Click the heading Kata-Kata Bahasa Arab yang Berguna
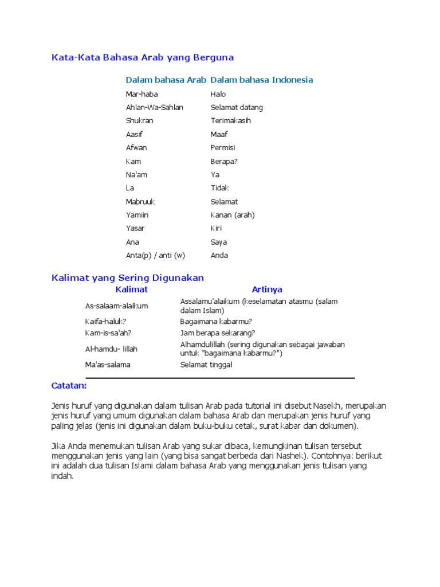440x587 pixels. [143, 58]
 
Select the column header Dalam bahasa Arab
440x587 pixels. [166, 80]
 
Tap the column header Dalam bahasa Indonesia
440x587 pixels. [262, 80]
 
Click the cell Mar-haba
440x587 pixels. [142, 94]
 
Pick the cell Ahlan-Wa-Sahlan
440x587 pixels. [154, 107]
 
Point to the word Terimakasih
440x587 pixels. [230, 121]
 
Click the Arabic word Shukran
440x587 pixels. [140, 121]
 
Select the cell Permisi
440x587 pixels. [223, 148]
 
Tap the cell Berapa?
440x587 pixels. [224, 161]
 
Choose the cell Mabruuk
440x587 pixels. [140, 202]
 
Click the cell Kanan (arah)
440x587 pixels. [233, 215]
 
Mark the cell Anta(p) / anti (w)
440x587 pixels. [155, 256]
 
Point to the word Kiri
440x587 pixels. [216, 229]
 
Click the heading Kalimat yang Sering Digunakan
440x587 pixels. [128, 277]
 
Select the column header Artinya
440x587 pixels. [267, 289]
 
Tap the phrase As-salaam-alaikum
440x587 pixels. [116, 306]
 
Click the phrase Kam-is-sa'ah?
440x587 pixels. [108, 333]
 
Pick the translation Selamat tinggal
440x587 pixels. [206, 365]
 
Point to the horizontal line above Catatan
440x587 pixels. [220, 378]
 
